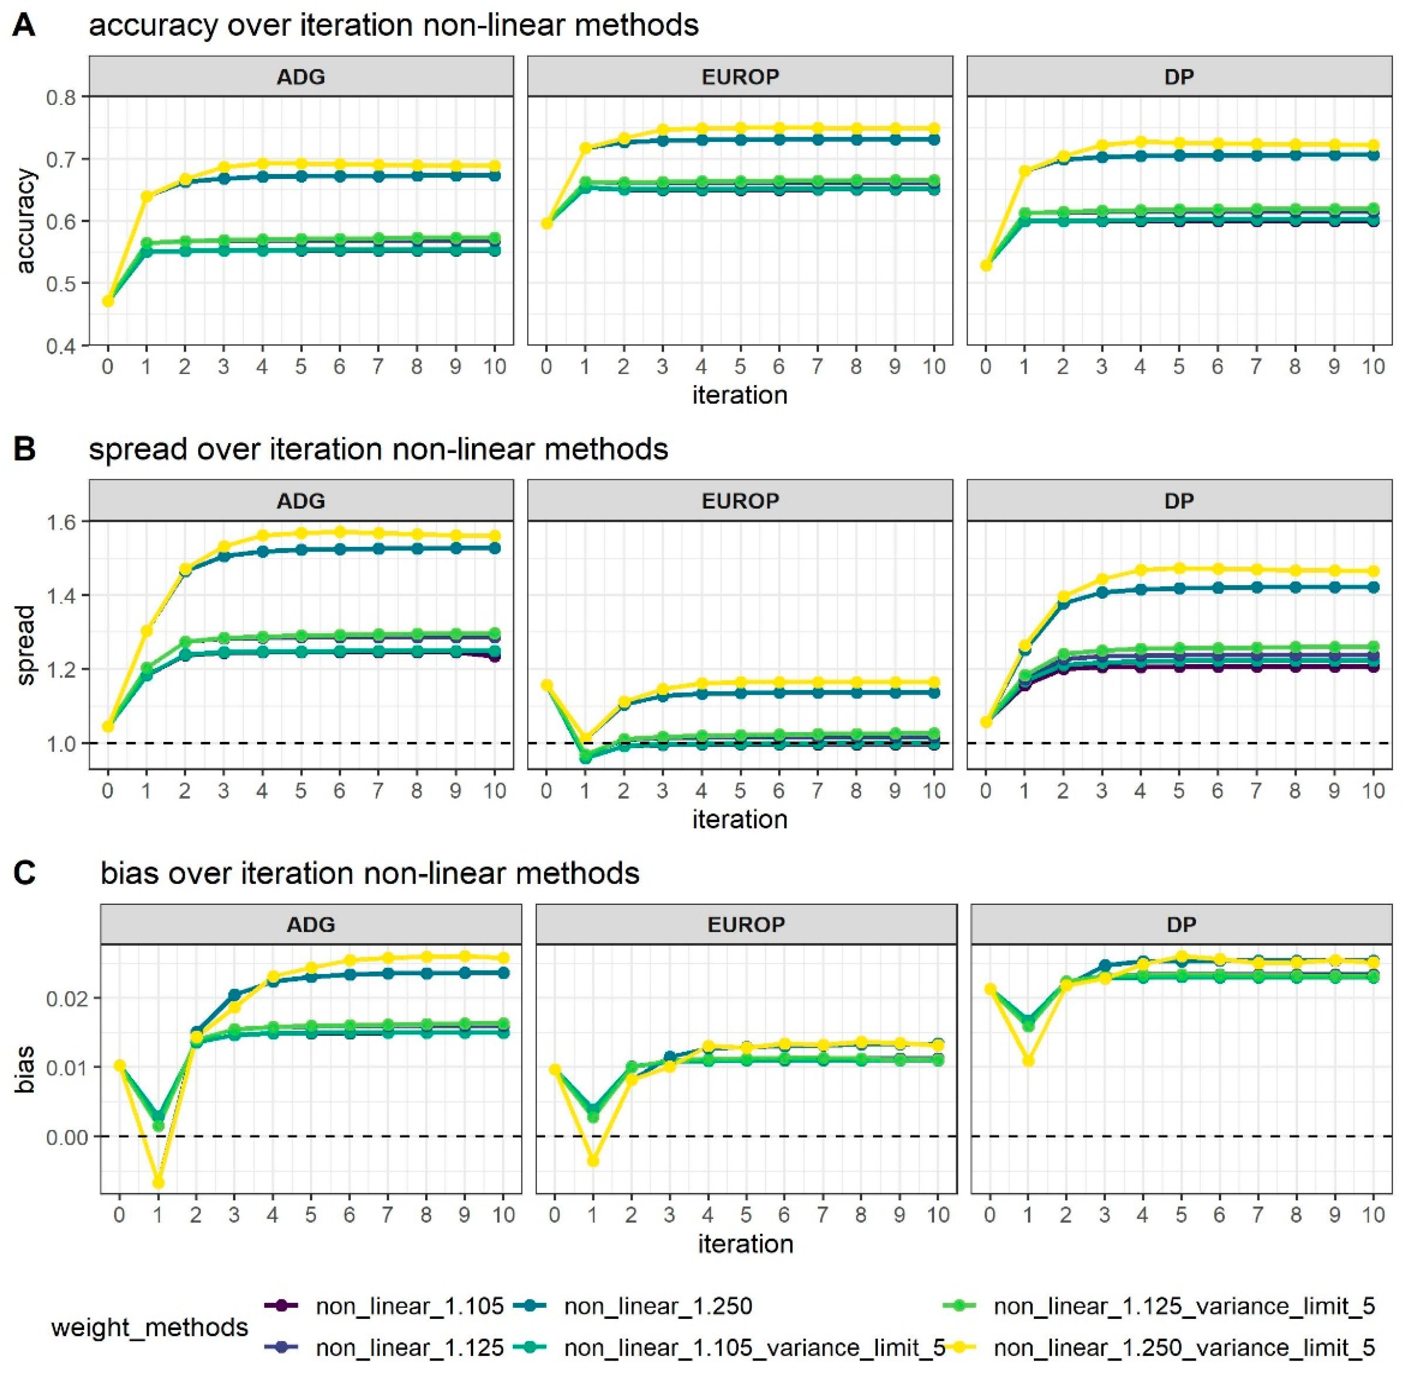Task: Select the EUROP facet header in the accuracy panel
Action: point(740,77)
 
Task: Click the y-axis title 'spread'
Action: point(26,645)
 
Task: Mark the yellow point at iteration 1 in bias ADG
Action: point(158,1183)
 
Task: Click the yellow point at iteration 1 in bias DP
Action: point(1028,1061)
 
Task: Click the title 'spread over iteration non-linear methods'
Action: point(379,449)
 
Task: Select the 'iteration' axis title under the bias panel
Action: point(745,1244)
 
